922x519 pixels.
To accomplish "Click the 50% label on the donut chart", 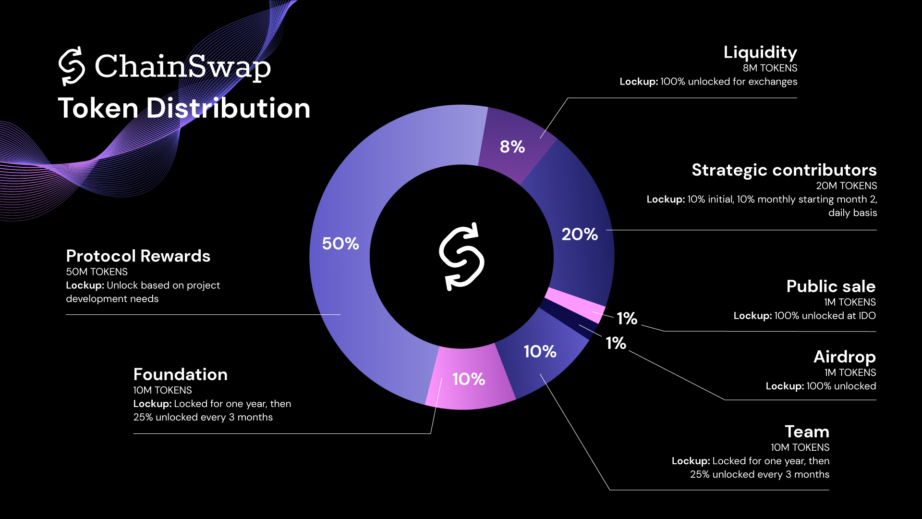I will point(340,244).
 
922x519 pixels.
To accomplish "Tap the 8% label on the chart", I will point(512,147).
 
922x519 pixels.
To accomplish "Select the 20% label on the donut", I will point(580,234).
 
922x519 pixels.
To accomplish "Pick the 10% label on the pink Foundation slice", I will point(469,379).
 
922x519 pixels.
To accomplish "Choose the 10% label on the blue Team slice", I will point(540,351).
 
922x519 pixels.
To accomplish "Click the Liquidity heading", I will point(760,52).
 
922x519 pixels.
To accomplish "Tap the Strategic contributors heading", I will point(784,170).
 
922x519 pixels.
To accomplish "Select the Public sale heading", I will point(831,286).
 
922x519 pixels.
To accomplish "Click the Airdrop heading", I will point(844,357).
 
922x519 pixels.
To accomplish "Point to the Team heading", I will point(807,432).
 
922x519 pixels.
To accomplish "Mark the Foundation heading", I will point(181,374).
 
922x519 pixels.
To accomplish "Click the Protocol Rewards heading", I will point(138,256).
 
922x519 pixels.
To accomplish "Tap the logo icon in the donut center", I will point(461,257).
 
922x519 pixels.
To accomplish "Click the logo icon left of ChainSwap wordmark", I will point(72,66).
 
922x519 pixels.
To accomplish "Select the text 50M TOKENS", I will point(97,272).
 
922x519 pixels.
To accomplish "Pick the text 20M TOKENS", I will point(846,186).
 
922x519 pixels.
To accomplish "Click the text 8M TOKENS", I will point(770,68).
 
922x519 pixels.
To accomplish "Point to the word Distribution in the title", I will point(229,108).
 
